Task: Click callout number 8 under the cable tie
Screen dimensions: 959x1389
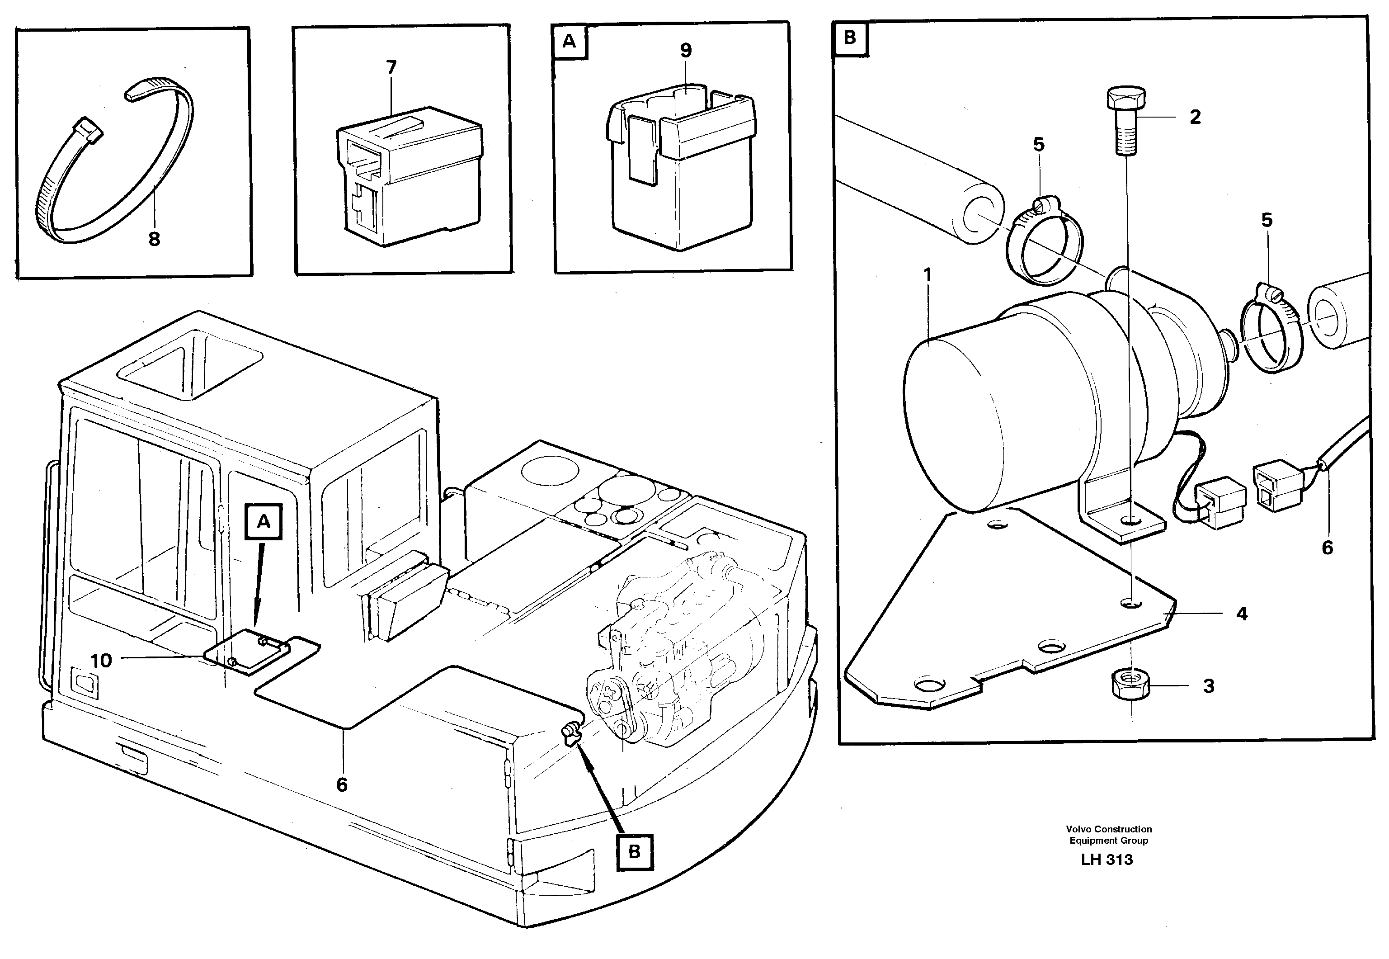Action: [154, 239]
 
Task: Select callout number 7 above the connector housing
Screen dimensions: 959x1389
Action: [391, 68]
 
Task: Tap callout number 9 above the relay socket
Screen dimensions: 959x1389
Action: [686, 51]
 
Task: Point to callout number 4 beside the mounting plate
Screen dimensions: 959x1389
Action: [1242, 614]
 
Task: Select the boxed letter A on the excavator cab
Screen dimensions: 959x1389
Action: [264, 522]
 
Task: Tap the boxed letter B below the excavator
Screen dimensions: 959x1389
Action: [634, 851]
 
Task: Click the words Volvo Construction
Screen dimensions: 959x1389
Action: [1109, 829]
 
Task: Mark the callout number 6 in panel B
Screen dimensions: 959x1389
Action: [1327, 548]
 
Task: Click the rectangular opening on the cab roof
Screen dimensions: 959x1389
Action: [190, 362]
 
